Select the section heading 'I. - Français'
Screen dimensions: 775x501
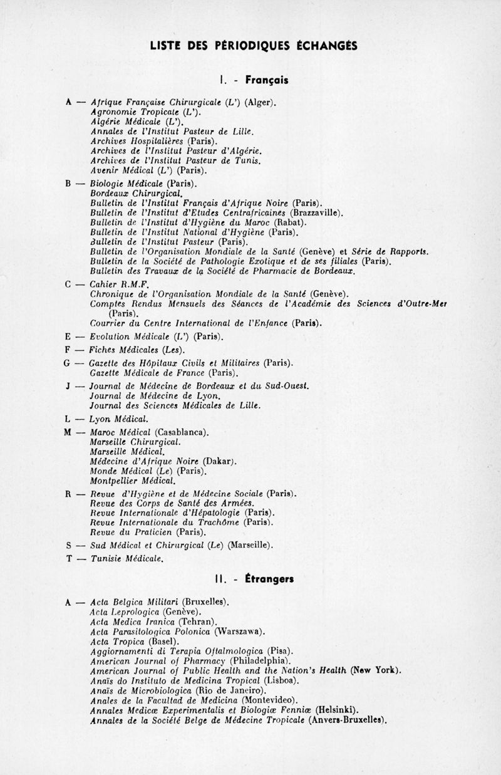(254, 80)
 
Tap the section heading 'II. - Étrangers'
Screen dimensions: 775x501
(254, 579)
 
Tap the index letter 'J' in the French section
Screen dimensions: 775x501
(66, 385)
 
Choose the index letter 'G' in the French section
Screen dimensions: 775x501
(66, 363)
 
